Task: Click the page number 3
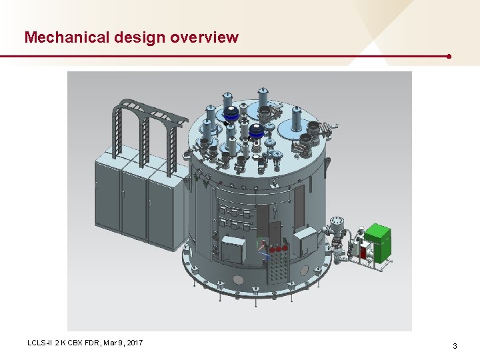point(455,346)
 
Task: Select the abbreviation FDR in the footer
point(91,343)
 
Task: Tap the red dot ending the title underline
point(449,57)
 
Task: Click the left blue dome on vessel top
point(231,113)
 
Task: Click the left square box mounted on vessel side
point(233,250)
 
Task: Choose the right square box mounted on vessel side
point(307,241)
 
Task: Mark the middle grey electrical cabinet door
point(134,207)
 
